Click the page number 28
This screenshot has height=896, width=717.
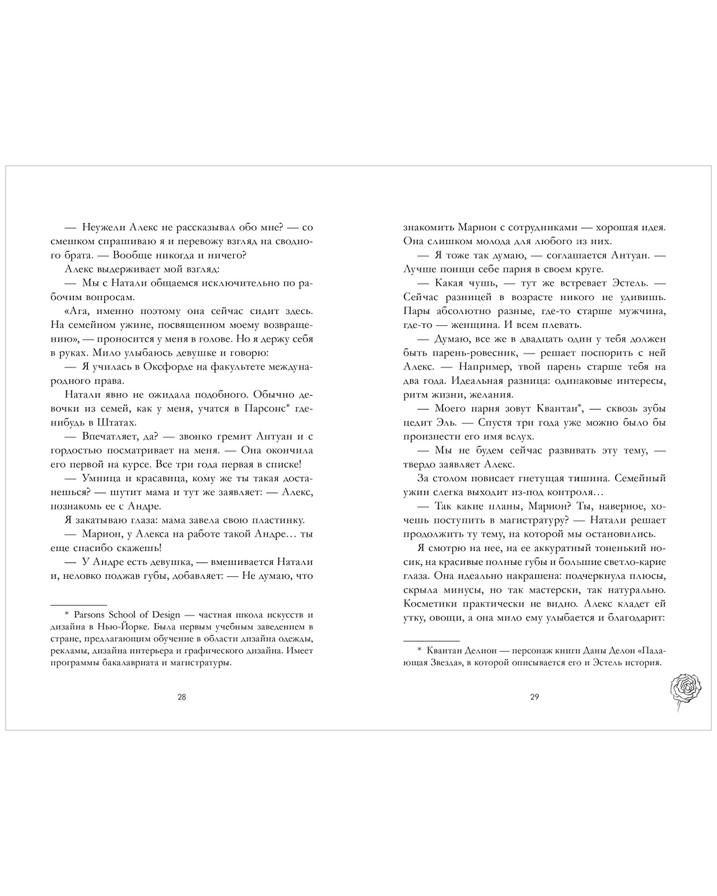point(181,697)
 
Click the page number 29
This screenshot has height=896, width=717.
point(534,697)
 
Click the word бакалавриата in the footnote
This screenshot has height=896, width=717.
point(124,663)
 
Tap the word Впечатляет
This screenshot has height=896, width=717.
point(109,437)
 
